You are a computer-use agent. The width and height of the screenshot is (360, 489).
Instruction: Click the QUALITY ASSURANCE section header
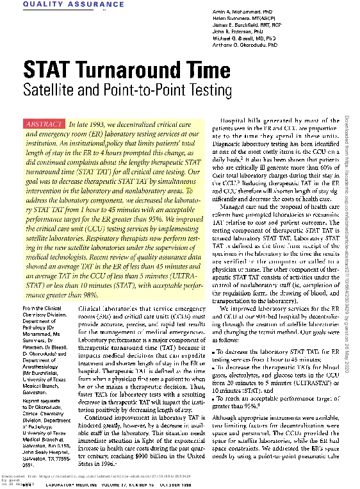tap(56, 5)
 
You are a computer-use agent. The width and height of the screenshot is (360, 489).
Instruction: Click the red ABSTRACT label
tap(44, 124)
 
